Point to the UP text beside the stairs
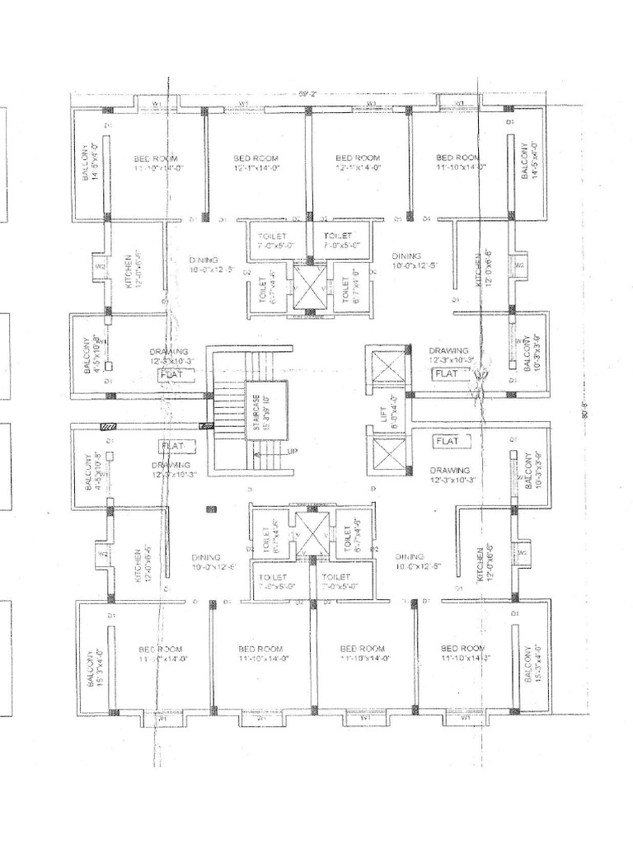(x=292, y=452)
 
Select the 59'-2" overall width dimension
(x=307, y=93)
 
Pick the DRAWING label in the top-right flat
(x=448, y=350)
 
